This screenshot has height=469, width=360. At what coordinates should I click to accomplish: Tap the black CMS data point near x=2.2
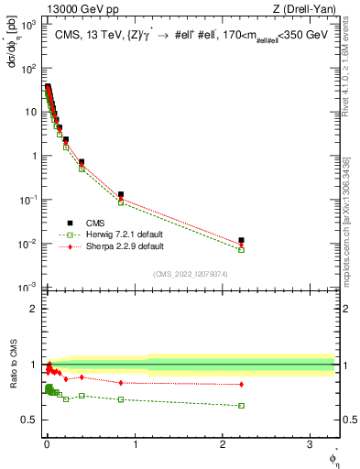pyautogui.click(x=241, y=240)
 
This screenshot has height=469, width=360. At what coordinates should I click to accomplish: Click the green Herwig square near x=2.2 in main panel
pyautogui.click(x=241, y=249)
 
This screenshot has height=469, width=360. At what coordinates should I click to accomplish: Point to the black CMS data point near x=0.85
pyautogui.click(x=121, y=194)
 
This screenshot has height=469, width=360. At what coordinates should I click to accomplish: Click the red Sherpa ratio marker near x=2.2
pyautogui.click(x=241, y=384)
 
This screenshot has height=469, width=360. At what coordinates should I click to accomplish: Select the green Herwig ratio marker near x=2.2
pyautogui.click(x=241, y=405)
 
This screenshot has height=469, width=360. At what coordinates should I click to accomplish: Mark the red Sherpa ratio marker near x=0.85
pyautogui.click(x=121, y=382)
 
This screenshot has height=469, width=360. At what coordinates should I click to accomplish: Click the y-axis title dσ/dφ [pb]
pyautogui.click(x=12, y=49)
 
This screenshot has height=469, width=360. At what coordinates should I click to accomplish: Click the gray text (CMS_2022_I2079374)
pyautogui.click(x=190, y=273)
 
